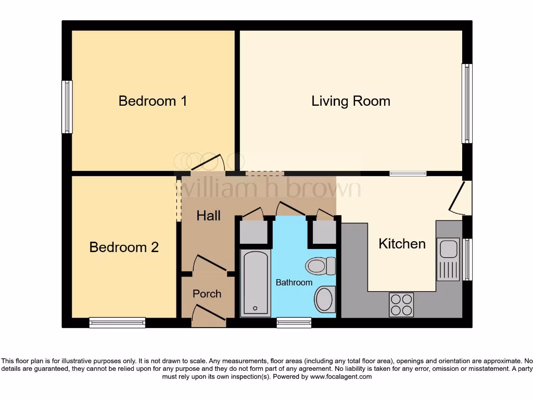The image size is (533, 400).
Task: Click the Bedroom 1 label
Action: pos(153,101)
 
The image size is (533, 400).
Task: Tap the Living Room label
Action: pos(351,102)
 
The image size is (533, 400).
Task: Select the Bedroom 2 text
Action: pos(124,247)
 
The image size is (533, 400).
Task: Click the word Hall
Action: pos(208,216)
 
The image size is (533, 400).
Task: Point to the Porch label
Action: pos(207,294)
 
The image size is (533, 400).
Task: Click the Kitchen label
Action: pos(402,244)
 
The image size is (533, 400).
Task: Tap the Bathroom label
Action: pos(294,282)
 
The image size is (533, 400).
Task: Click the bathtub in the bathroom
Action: pos(255,283)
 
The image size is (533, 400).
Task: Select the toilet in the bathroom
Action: pos(321,266)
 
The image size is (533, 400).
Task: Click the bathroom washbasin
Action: pos(325,299)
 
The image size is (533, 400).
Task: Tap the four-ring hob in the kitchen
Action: pos(401,305)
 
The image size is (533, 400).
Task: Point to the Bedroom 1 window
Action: pos(67,107)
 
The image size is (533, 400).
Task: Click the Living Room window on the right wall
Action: pos(467,104)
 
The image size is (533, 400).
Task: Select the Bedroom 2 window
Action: pos(117,322)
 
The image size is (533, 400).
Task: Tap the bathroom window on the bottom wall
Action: pos(294,322)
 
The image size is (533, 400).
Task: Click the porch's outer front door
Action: pos(209,313)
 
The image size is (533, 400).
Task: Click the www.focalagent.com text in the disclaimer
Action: pos(341,377)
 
